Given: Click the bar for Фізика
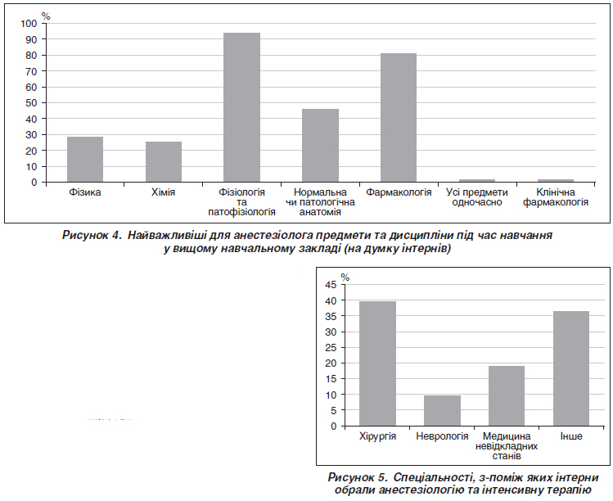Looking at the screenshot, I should (85, 160).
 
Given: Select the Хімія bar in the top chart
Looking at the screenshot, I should (164, 162).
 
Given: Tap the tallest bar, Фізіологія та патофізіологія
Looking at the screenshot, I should (241, 107).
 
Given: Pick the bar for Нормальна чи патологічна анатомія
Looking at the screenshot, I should (320, 146).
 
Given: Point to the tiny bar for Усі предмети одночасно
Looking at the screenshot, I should (476, 180).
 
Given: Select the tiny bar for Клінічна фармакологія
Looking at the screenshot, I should (555, 180).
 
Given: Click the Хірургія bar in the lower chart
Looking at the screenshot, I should (377, 363).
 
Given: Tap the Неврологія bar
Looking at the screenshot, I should (442, 410).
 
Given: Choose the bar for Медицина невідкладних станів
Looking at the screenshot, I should (507, 395).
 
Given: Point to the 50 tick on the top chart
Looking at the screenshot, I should (32, 102).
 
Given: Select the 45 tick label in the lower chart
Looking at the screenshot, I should (330, 285).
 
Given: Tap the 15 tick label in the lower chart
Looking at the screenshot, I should (330, 379).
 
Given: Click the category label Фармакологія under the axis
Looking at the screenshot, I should (399, 193).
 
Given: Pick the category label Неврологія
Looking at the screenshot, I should (442, 437).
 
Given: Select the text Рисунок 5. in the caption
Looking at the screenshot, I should (357, 477).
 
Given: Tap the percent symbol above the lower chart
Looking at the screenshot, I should (345, 278).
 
